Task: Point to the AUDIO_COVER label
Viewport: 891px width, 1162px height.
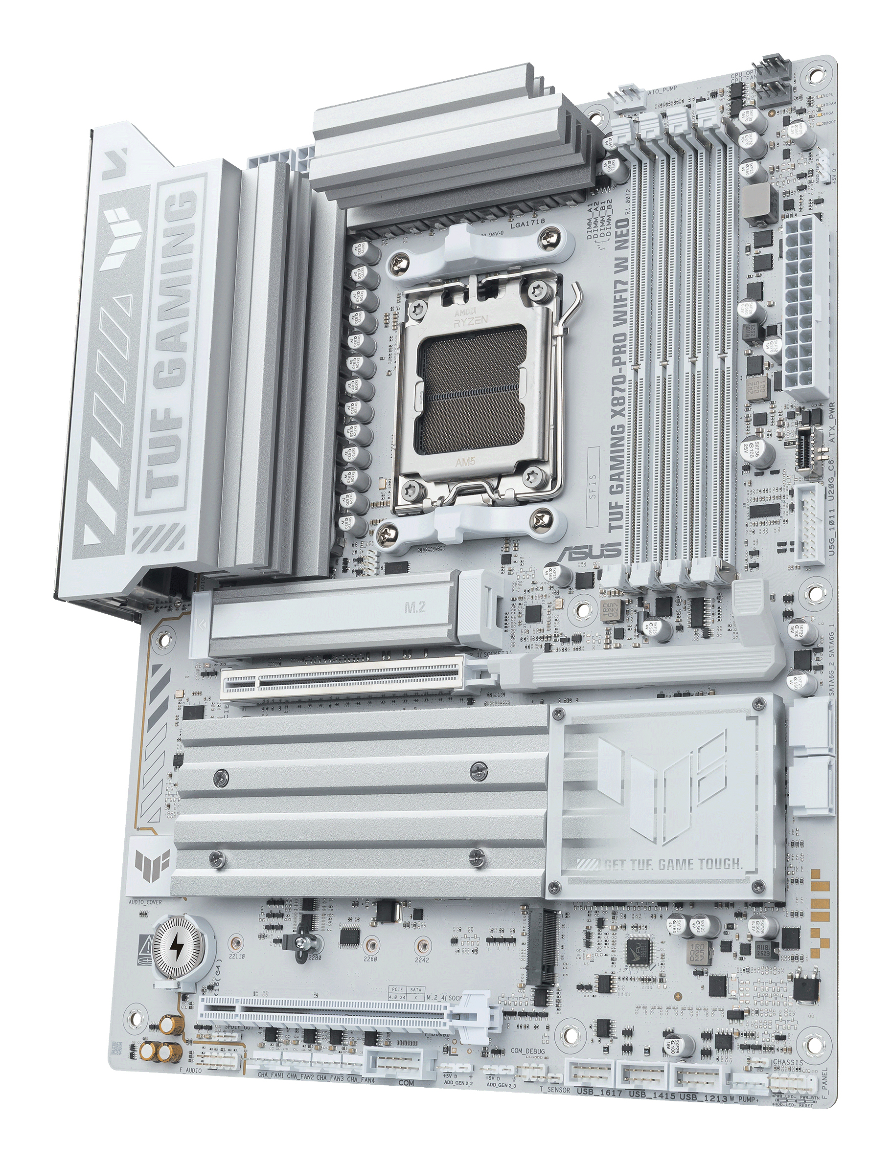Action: click(x=145, y=902)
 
